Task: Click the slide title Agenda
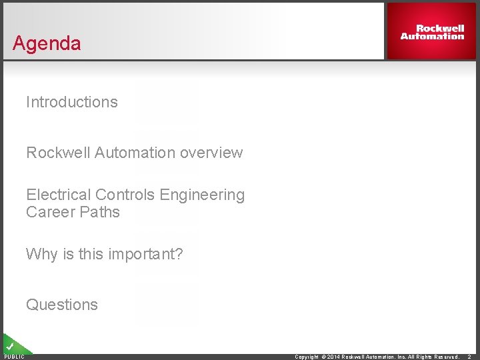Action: [x=47, y=43]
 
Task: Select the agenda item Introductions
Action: [x=71, y=102]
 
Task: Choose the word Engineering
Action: [x=199, y=195]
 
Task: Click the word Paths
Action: [x=99, y=212]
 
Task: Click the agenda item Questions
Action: [x=62, y=305]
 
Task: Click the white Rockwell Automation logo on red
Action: [x=432, y=32]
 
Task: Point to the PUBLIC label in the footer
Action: [x=14, y=357]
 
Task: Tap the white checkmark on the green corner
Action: [x=10, y=346]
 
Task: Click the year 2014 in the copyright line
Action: [x=333, y=357]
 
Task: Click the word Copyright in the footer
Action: [x=307, y=357]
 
